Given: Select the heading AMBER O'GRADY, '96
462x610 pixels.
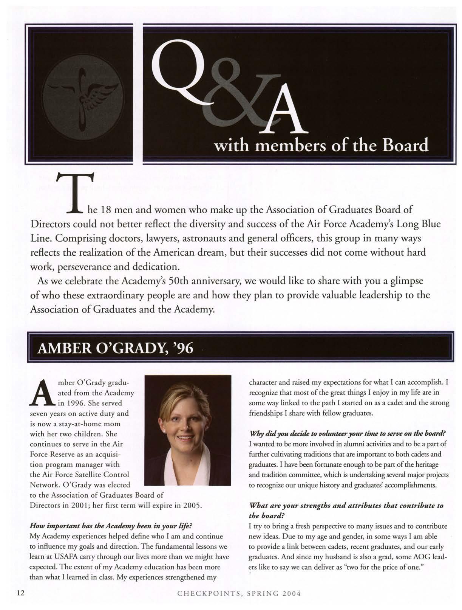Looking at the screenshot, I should coord(115,348).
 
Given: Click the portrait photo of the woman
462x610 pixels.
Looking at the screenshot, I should coord(188,430).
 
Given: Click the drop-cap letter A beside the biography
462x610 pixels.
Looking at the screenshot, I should coord(41,394).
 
